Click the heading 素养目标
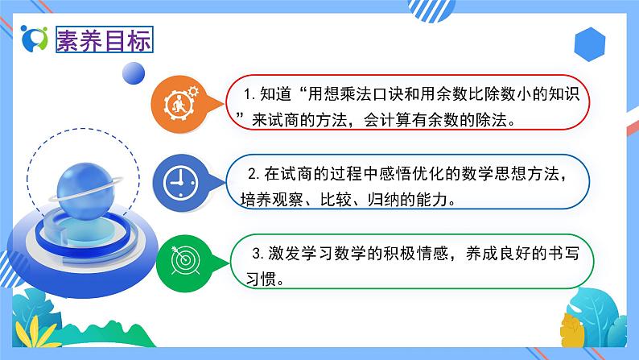point(103,39)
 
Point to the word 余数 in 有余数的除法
point(451,119)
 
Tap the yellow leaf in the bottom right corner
point(572,326)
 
